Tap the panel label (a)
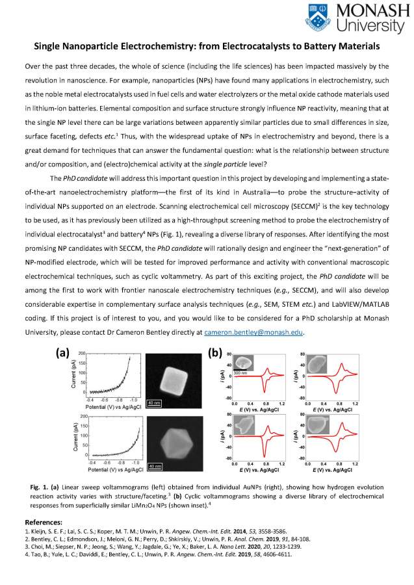(63, 354)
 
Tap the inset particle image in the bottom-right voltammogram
(318, 424)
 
